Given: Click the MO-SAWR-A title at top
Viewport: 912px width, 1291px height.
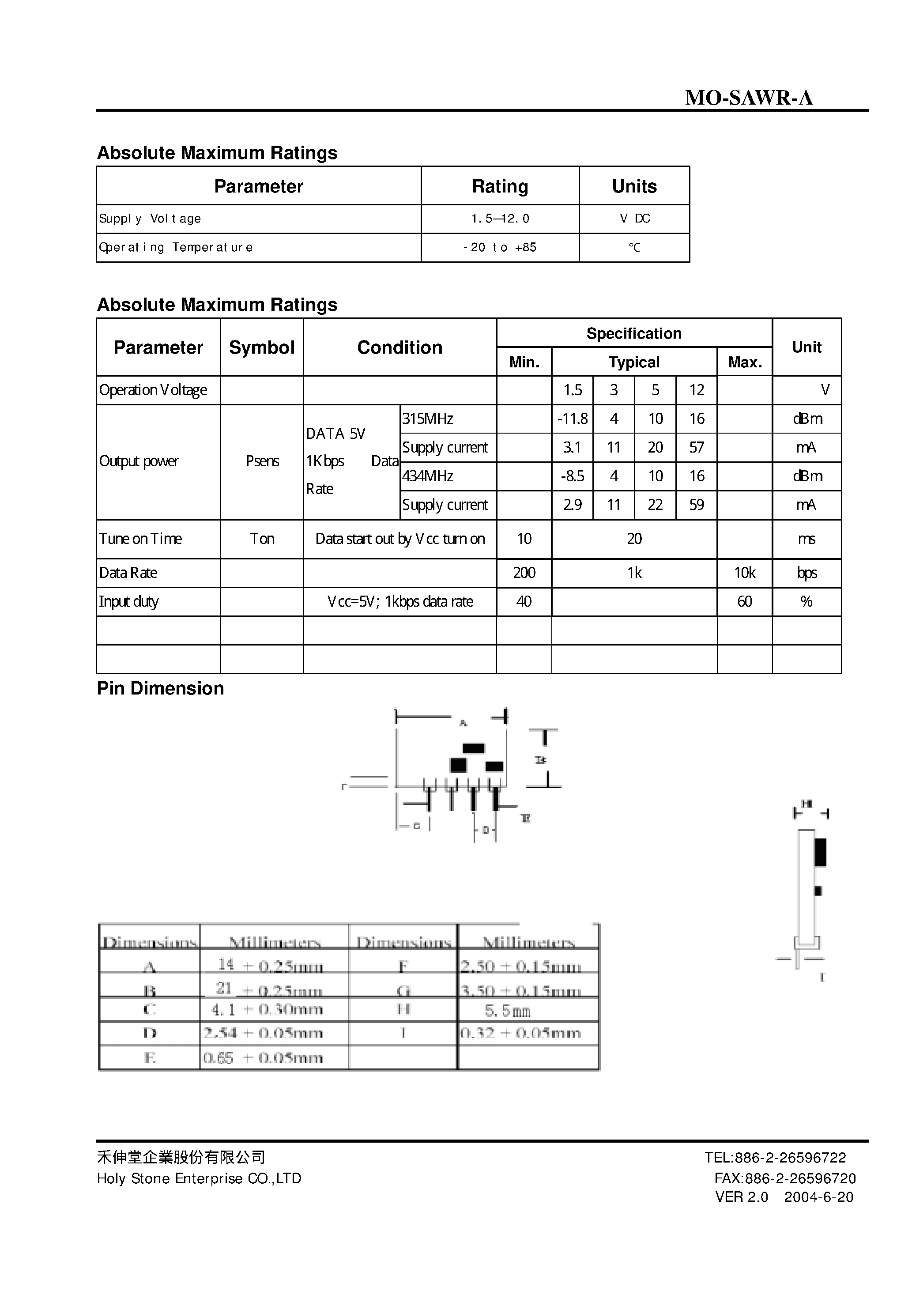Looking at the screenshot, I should click(748, 98).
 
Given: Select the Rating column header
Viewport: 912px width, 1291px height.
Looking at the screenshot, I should click(500, 186).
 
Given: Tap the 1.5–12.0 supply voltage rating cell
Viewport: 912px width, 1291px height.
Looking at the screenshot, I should click(500, 219).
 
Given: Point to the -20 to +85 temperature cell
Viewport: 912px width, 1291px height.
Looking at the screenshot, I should click(500, 247).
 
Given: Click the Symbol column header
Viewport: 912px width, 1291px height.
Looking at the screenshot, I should click(261, 347).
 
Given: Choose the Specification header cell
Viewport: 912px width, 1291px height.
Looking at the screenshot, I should click(634, 333).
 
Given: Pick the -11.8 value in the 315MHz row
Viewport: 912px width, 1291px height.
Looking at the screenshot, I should click(573, 419).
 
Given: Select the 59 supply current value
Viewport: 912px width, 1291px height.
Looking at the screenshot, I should click(697, 505).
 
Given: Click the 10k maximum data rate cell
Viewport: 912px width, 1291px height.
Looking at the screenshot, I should click(744, 573).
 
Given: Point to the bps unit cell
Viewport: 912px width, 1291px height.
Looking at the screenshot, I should click(806, 573).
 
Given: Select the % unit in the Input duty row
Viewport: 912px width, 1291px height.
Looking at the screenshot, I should click(806, 602).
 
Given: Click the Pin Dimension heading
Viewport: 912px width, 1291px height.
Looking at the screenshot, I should click(160, 688).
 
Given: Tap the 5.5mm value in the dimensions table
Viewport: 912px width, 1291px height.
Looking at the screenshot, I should click(507, 1011).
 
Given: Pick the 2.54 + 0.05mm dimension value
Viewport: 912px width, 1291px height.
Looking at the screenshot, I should click(263, 1033).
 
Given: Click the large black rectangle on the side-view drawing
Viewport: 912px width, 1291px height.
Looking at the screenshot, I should click(820, 852).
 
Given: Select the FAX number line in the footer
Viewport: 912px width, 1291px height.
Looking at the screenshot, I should click(785, 1178).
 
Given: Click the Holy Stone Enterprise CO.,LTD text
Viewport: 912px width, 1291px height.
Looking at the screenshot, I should click(199, 1178).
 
